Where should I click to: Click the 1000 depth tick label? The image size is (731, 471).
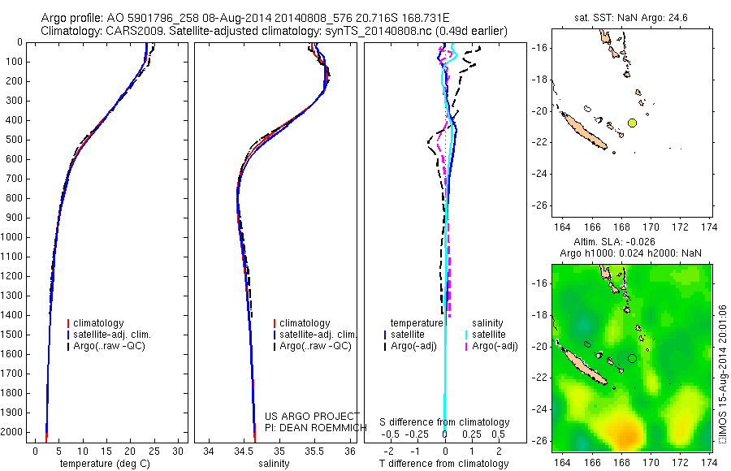click(15, 237)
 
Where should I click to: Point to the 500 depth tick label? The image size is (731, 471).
click(17, 140)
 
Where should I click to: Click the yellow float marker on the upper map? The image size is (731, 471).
click(632, 123)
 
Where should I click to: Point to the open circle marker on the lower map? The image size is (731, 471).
click(632, 358)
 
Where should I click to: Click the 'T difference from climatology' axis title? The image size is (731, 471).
click(444, 464)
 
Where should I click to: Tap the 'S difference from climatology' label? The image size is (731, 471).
click(444, 422)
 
